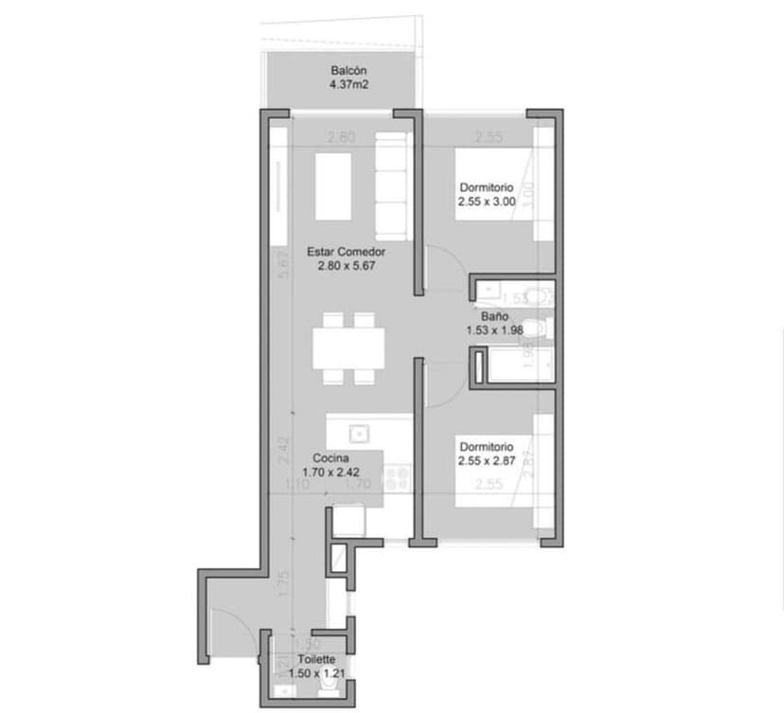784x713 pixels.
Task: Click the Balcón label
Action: pyautogui.click(x=347, y=71)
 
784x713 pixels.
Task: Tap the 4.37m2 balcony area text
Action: pyautogui.click(x=347, y=84)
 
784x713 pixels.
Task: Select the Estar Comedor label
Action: pyautogui.click(x=346, y=253)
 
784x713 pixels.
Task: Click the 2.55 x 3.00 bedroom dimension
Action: pyautogui.click(x=487, y=201)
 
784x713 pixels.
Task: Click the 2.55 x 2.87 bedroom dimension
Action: pyautogui.click(x=487, y=460)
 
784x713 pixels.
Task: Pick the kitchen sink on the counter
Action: pyautogui.click(x=359, y=434)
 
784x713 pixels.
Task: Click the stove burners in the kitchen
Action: pyautogui.click(x=396, y=473)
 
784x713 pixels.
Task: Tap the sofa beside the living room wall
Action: pyautogui.click(x=393, y=185)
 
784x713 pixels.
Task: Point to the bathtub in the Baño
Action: pyautogui.click(x=511, y=365)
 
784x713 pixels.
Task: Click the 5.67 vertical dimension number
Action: pyautogui.click(x=282, y=264)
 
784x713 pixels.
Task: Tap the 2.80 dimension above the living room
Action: pyautogui.click(x=341, y=137)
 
